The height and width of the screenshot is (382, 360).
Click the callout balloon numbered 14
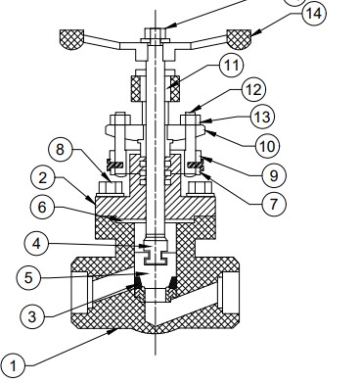click(x=314, y=14)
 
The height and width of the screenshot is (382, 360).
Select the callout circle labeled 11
click(x=232, y=66)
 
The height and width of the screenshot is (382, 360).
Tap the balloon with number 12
click(x=253, y=89)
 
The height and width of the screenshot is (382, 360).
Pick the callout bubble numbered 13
click(x=262, y=117)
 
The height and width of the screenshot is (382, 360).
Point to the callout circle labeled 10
click(x=267, y=146)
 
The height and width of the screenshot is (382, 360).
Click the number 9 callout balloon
click(x=274, y=175)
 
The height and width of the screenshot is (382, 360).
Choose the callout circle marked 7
click(x=274, y=204)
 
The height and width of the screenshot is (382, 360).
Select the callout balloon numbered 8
click(x=60, y=149)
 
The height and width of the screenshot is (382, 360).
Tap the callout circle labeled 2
click(x=43, y=178)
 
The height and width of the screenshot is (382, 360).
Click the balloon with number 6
click(x=42, y=207)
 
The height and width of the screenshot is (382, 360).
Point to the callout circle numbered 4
click(x=36, y=244)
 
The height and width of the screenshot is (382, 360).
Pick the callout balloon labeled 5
click(x=28, y=278)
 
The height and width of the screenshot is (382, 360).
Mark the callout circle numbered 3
click(x=32, y=316)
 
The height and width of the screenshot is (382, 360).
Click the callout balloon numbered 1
click(x=13, y=365)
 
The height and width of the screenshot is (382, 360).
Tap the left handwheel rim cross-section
click(x=71, y=39)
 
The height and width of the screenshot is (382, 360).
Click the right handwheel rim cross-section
click(x=239, y=39)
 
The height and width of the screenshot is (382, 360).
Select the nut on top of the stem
click(x=155, y=33)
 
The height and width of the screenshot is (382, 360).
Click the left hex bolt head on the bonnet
click(x=111, y=188)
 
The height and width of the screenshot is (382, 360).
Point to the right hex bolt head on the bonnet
click(x=200, y=188)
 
